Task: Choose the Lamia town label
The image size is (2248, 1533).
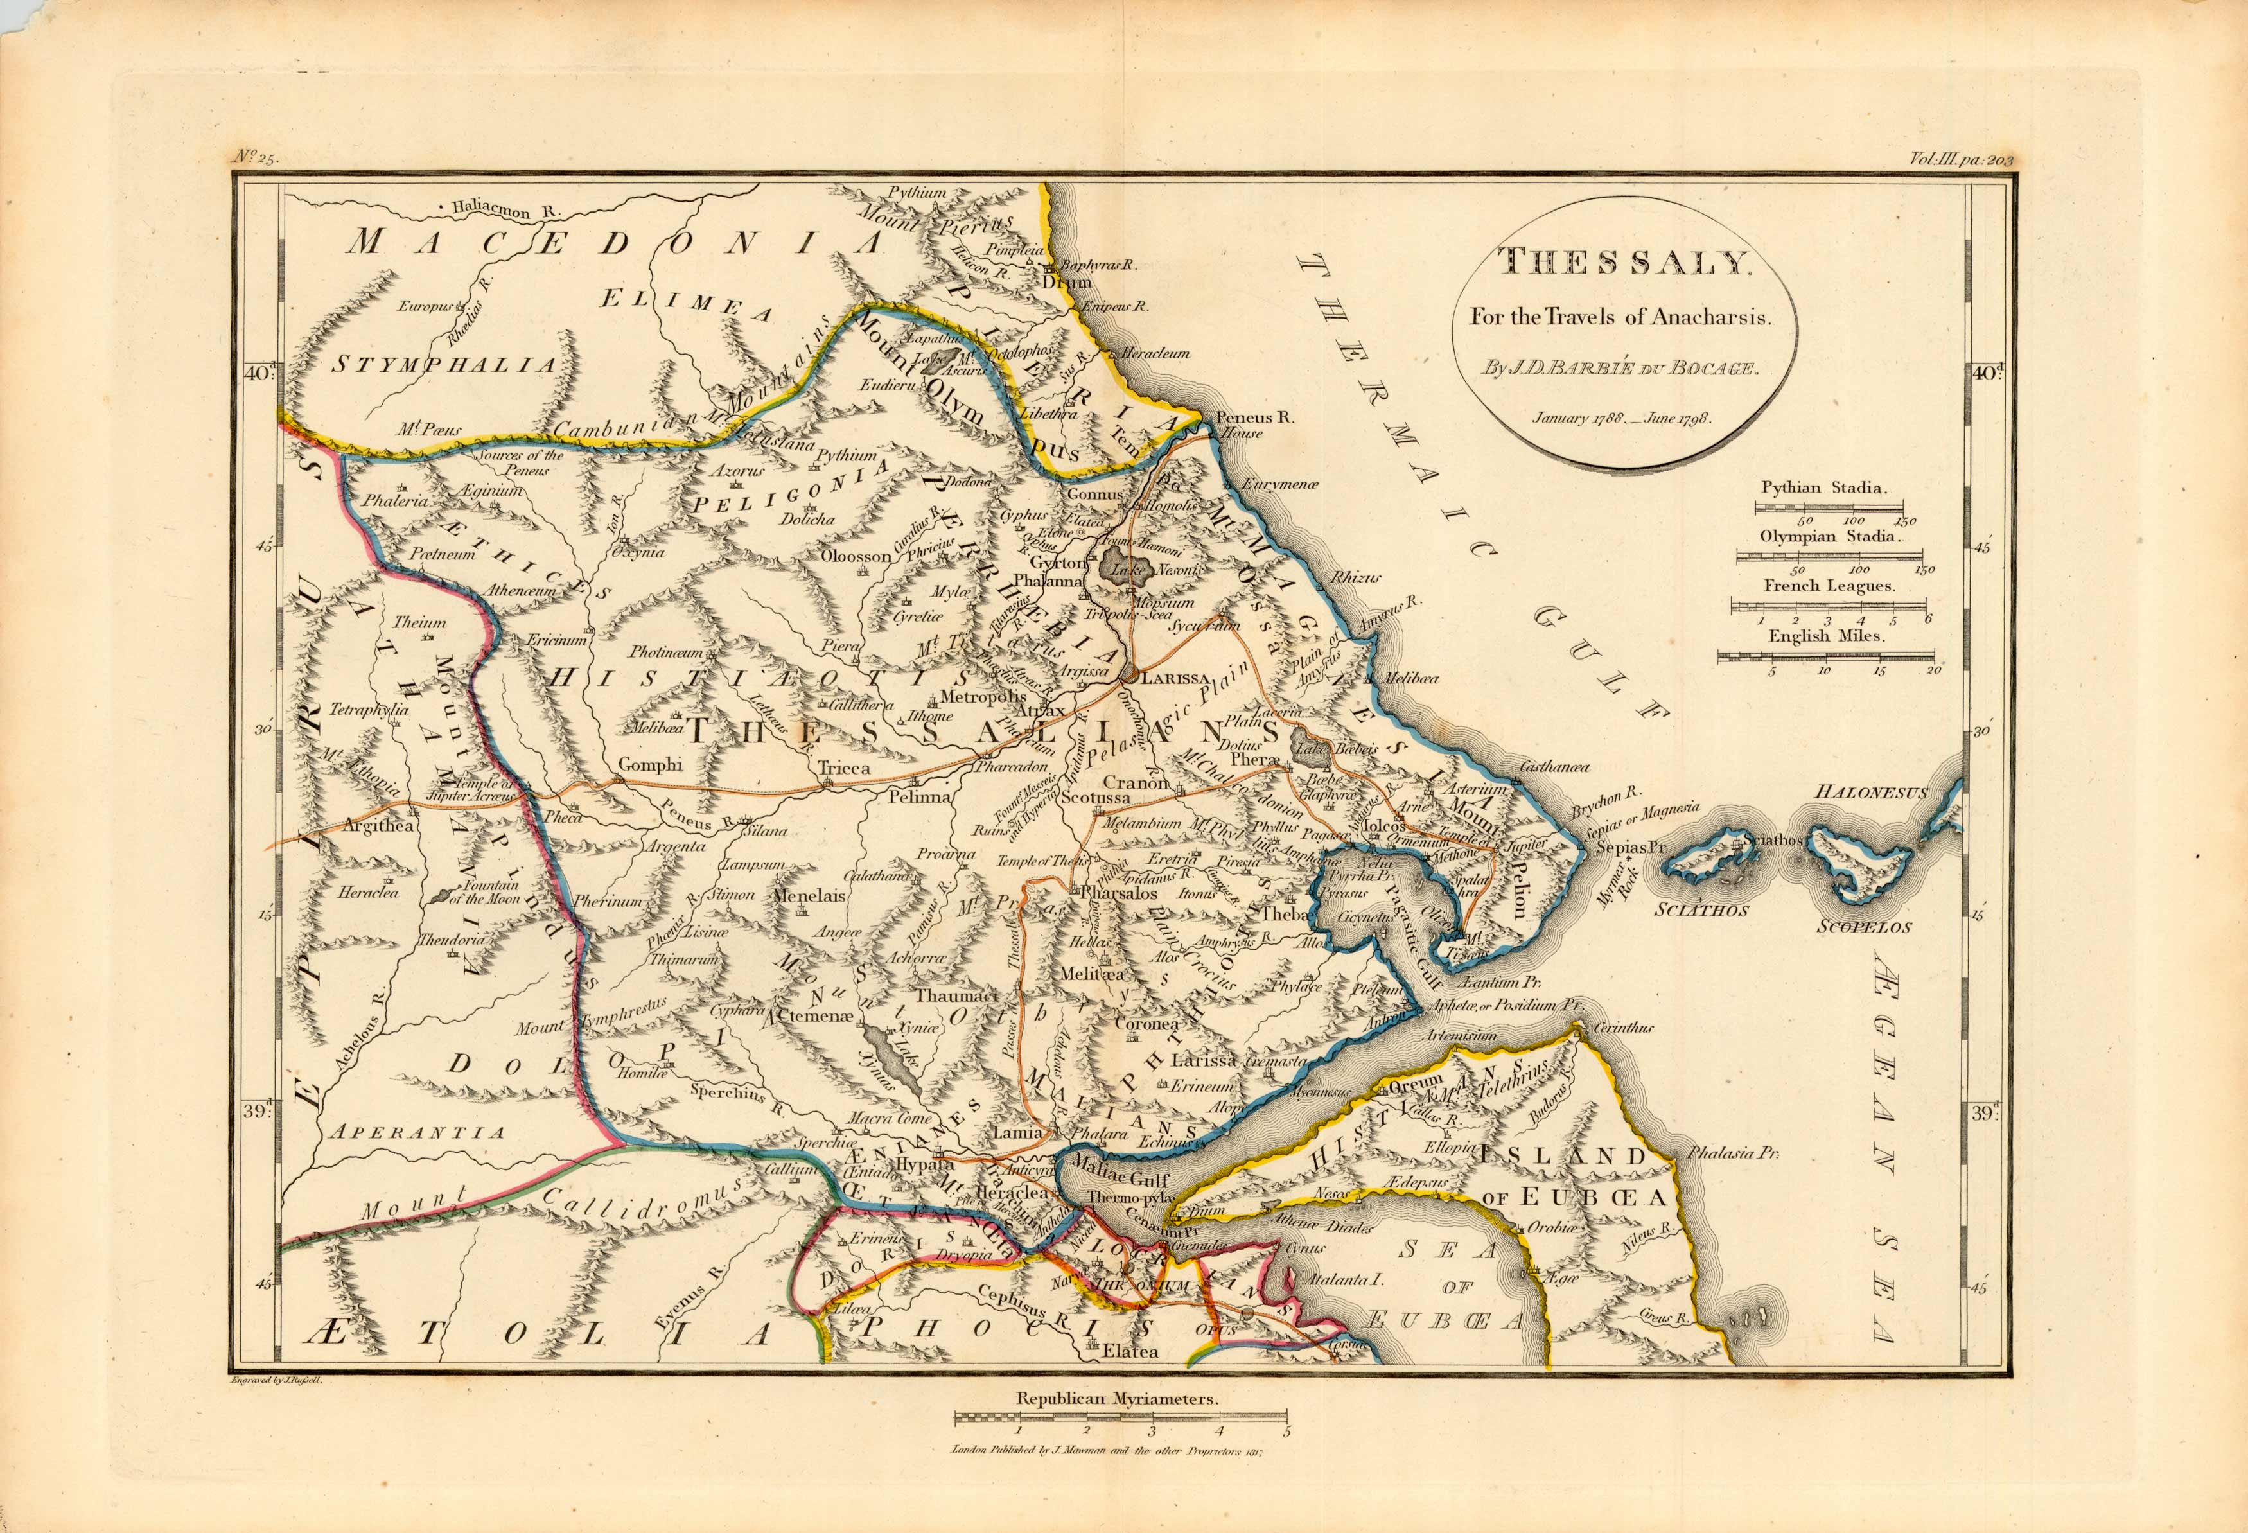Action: tap(1017, 1132)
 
